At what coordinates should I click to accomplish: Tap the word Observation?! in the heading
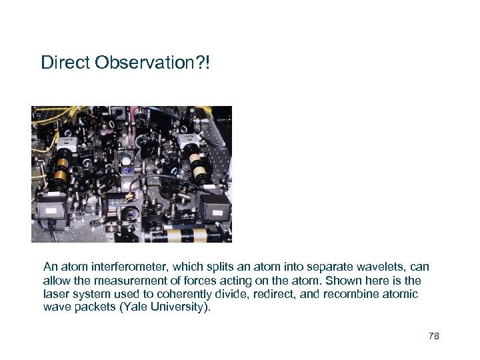click(153, 63)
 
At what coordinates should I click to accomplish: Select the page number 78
click(434, 336)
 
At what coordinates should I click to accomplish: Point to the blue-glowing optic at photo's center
click(127, 169)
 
